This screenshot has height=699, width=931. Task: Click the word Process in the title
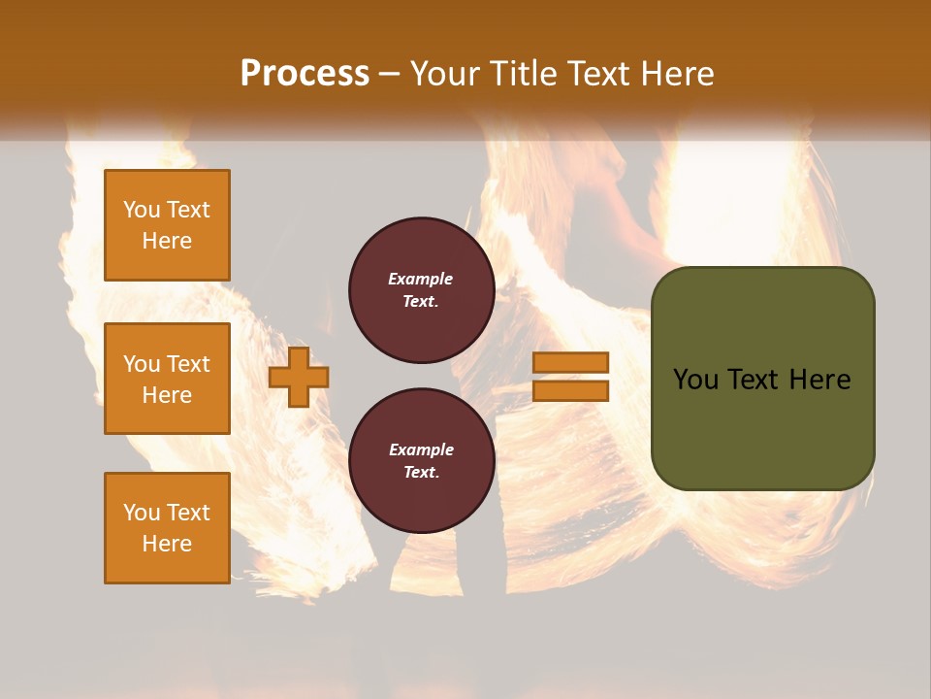[305, 73]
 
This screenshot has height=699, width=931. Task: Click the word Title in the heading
[520, 74]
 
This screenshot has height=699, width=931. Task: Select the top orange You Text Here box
[167, 225]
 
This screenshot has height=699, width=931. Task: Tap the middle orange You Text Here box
[167, 379]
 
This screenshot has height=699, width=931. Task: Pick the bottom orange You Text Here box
[167, 528]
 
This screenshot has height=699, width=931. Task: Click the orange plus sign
[299, 377]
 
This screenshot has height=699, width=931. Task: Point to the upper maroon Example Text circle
[421, 290]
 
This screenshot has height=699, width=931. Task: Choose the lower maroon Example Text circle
[421, 461]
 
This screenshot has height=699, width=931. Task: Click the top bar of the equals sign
[570, 363]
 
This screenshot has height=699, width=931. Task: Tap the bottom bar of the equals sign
[570, 390]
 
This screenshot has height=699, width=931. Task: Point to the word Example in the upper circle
[421, 279]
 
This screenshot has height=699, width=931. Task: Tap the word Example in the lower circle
[421, 449]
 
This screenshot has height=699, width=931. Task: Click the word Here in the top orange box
[167, 241]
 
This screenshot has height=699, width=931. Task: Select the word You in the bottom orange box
[142, 513]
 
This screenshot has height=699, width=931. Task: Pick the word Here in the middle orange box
[167, 395]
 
